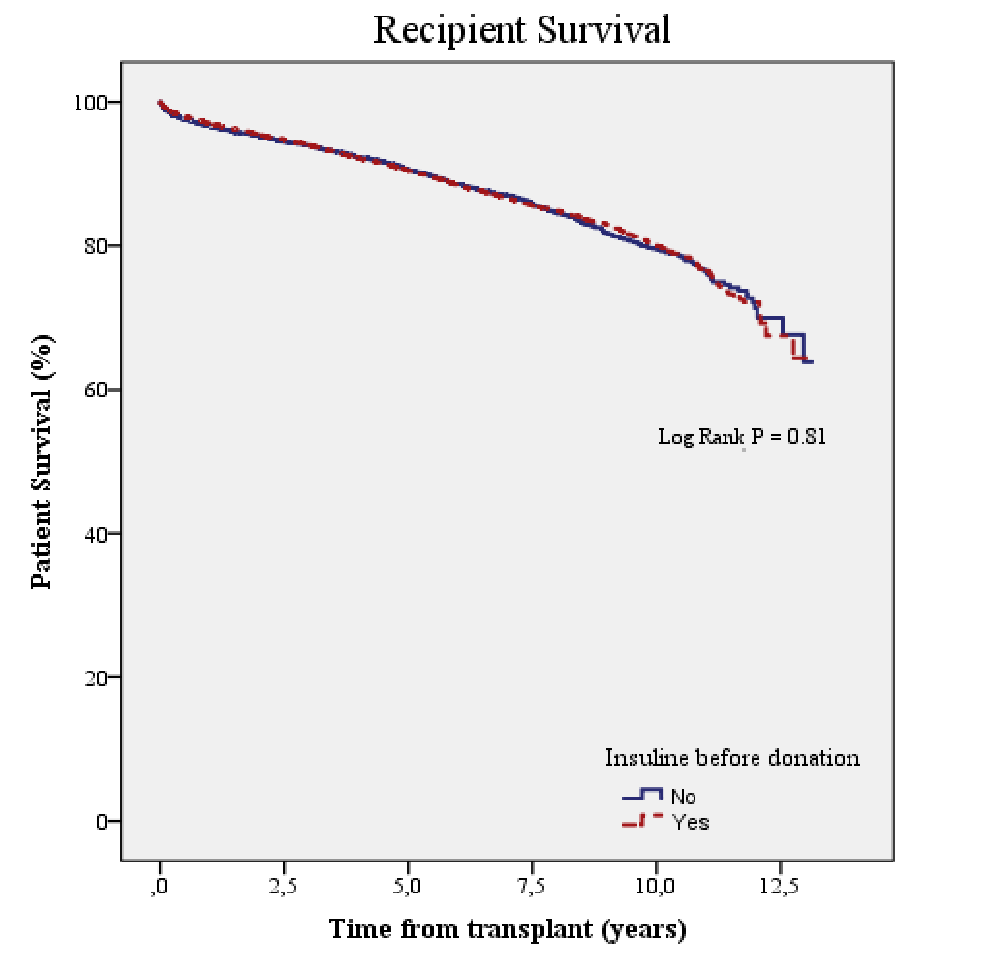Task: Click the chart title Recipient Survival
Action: [x=521, y=30]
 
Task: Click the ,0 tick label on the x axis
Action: [x=161, y=886]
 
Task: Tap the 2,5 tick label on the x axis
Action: [x=284, y=886]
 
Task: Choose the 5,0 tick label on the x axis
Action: [x=408, y=886]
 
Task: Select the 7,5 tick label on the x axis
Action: [x=532, y=886]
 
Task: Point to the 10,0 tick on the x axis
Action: [x=656, y=886]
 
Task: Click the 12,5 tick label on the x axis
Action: [x=780, y=886]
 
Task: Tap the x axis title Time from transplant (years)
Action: [x=508, y=930]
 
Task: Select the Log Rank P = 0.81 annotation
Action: [x=742, y=436]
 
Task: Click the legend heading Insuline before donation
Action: [x=732, y=757]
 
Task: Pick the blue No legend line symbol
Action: [x=641, y=795]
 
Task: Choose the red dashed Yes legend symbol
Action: [x=641, y=820]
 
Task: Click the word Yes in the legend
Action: [x=690, y=822]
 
